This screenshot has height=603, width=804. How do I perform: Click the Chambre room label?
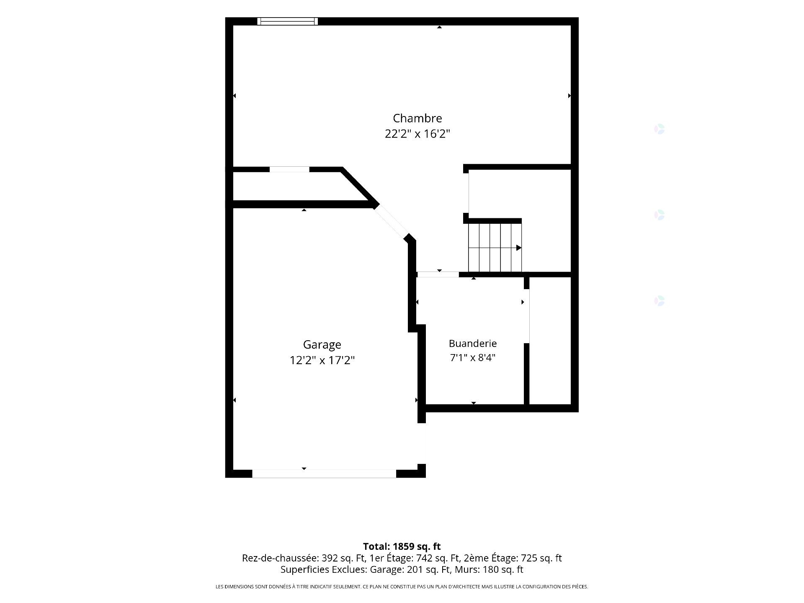(417, 118)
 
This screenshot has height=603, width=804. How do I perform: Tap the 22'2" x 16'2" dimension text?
(417, 134)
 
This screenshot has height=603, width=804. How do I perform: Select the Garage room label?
(322, 345)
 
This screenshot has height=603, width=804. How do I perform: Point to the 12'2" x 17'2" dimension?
(322, 360)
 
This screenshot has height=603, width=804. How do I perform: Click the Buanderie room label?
(473, 344)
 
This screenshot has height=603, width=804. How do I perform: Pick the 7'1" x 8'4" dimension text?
(473, 357)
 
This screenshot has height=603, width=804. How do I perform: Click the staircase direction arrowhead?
(518, 248)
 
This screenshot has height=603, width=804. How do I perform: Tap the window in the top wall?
(287, 21)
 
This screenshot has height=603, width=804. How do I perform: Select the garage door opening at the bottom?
(324, 474)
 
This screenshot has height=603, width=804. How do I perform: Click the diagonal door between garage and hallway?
(391, 221)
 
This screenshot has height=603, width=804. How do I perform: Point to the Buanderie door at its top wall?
(438, 274)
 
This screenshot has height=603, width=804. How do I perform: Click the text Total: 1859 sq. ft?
(402, 546)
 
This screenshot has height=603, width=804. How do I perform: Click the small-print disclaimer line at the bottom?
(402, 587)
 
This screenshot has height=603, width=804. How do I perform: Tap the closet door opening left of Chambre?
(289, 169)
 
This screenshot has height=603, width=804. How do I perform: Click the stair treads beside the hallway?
(495, 248)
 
